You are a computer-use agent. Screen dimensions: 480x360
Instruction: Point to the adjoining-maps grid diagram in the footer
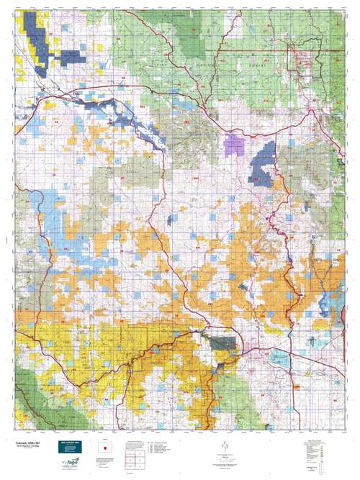click(x=135, y=460)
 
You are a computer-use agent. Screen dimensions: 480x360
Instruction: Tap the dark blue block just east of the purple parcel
click(x=265, y=162)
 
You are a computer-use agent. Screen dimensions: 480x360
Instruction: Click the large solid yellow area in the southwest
click(x=72, y=338)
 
